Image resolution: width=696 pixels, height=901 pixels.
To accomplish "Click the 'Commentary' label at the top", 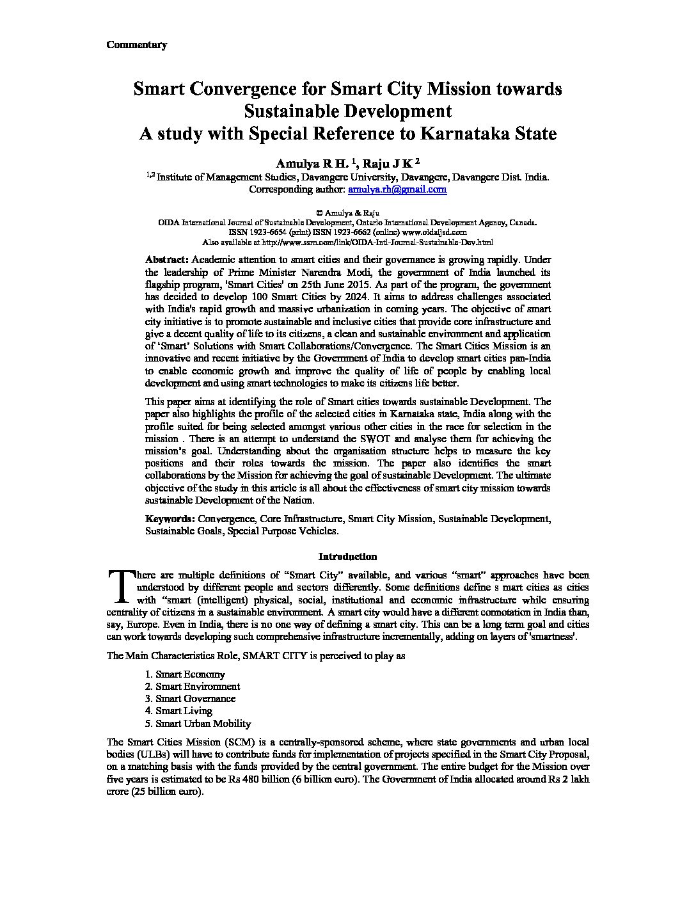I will (136, 45).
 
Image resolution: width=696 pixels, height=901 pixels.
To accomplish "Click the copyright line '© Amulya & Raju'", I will (347, 212).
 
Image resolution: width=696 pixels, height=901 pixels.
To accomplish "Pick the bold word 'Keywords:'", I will (170, 518).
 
